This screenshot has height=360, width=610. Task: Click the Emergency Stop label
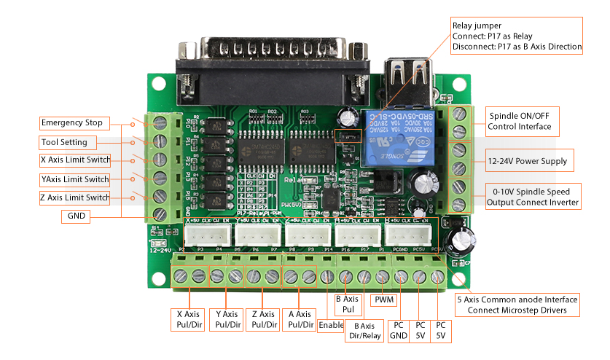71,122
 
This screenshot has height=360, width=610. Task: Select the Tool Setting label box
64,142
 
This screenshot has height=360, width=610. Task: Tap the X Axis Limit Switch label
75,160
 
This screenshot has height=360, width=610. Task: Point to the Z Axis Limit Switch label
75,197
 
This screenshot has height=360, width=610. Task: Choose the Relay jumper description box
517,36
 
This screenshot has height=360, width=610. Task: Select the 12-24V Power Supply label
527,161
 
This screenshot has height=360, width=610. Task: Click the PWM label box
384,300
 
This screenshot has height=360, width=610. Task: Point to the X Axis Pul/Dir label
188,319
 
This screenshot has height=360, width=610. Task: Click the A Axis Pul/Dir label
300,319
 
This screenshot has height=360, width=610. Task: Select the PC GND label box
398,330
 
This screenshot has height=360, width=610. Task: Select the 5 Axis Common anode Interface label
517,305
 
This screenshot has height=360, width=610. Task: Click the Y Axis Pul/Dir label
226,319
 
